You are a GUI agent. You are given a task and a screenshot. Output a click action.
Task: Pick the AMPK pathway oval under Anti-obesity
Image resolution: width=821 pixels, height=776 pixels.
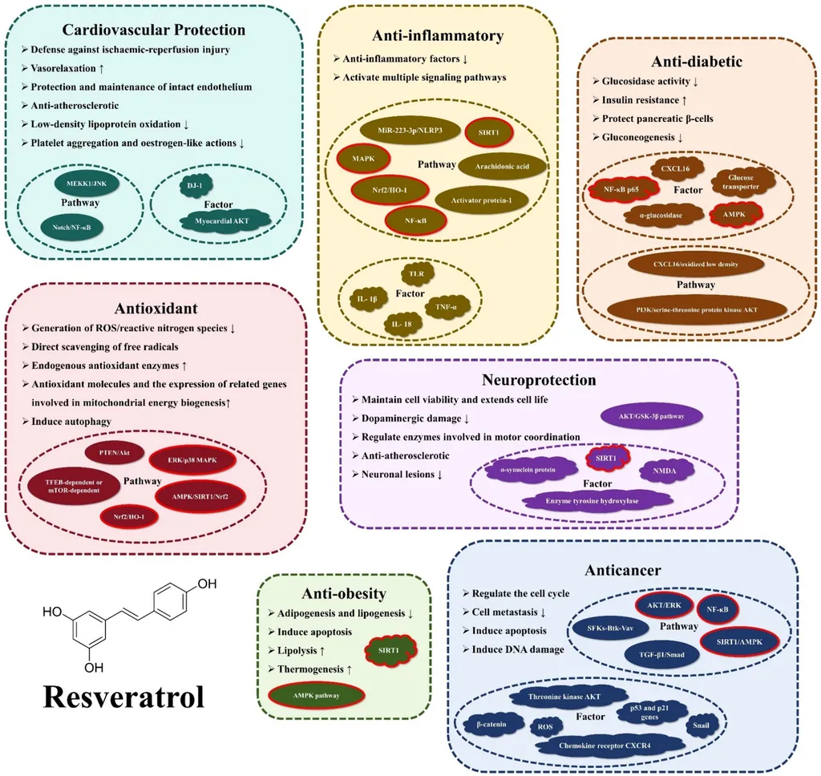pyautogui.click(x=316, y=695)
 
